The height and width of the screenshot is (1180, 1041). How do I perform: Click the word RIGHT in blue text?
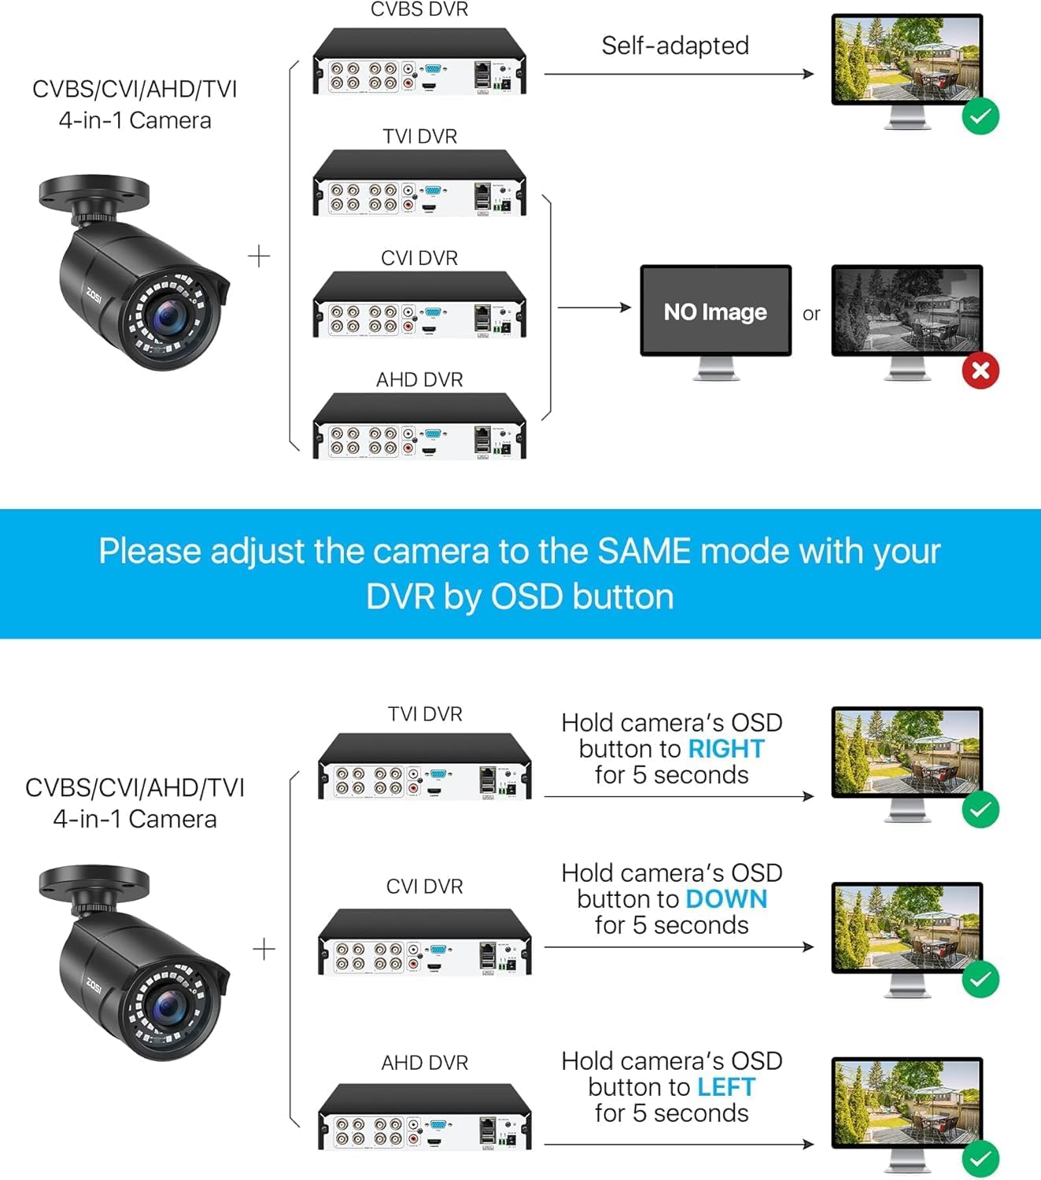(726, 749)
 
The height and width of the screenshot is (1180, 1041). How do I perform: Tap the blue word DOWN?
(726, 899)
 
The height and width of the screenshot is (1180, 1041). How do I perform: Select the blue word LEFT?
(726, 1087)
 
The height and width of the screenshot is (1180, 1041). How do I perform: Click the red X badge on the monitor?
(980, 371)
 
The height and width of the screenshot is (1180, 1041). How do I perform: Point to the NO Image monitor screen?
(715, 312)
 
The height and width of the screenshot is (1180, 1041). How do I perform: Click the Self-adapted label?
(675, 46)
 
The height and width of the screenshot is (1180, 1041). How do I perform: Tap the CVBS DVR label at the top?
(419, 10)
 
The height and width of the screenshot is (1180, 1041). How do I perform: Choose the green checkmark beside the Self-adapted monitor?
(980, 117)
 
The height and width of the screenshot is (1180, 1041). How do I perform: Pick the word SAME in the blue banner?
(644, 551)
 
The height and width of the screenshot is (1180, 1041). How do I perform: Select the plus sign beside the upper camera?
(259, 256)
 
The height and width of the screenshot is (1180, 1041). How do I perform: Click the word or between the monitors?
(811, 314)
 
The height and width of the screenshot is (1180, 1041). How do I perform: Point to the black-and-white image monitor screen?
(907, 310)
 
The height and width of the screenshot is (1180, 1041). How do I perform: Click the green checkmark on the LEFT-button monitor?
(980, 1159)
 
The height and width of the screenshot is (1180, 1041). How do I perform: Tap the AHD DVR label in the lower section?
(425, 1063)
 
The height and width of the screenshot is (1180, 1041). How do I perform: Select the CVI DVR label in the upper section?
(419, 258)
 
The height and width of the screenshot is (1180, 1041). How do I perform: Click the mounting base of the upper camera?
(93, 191)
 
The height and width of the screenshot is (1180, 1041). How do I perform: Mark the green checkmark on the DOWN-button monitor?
(980, 979)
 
